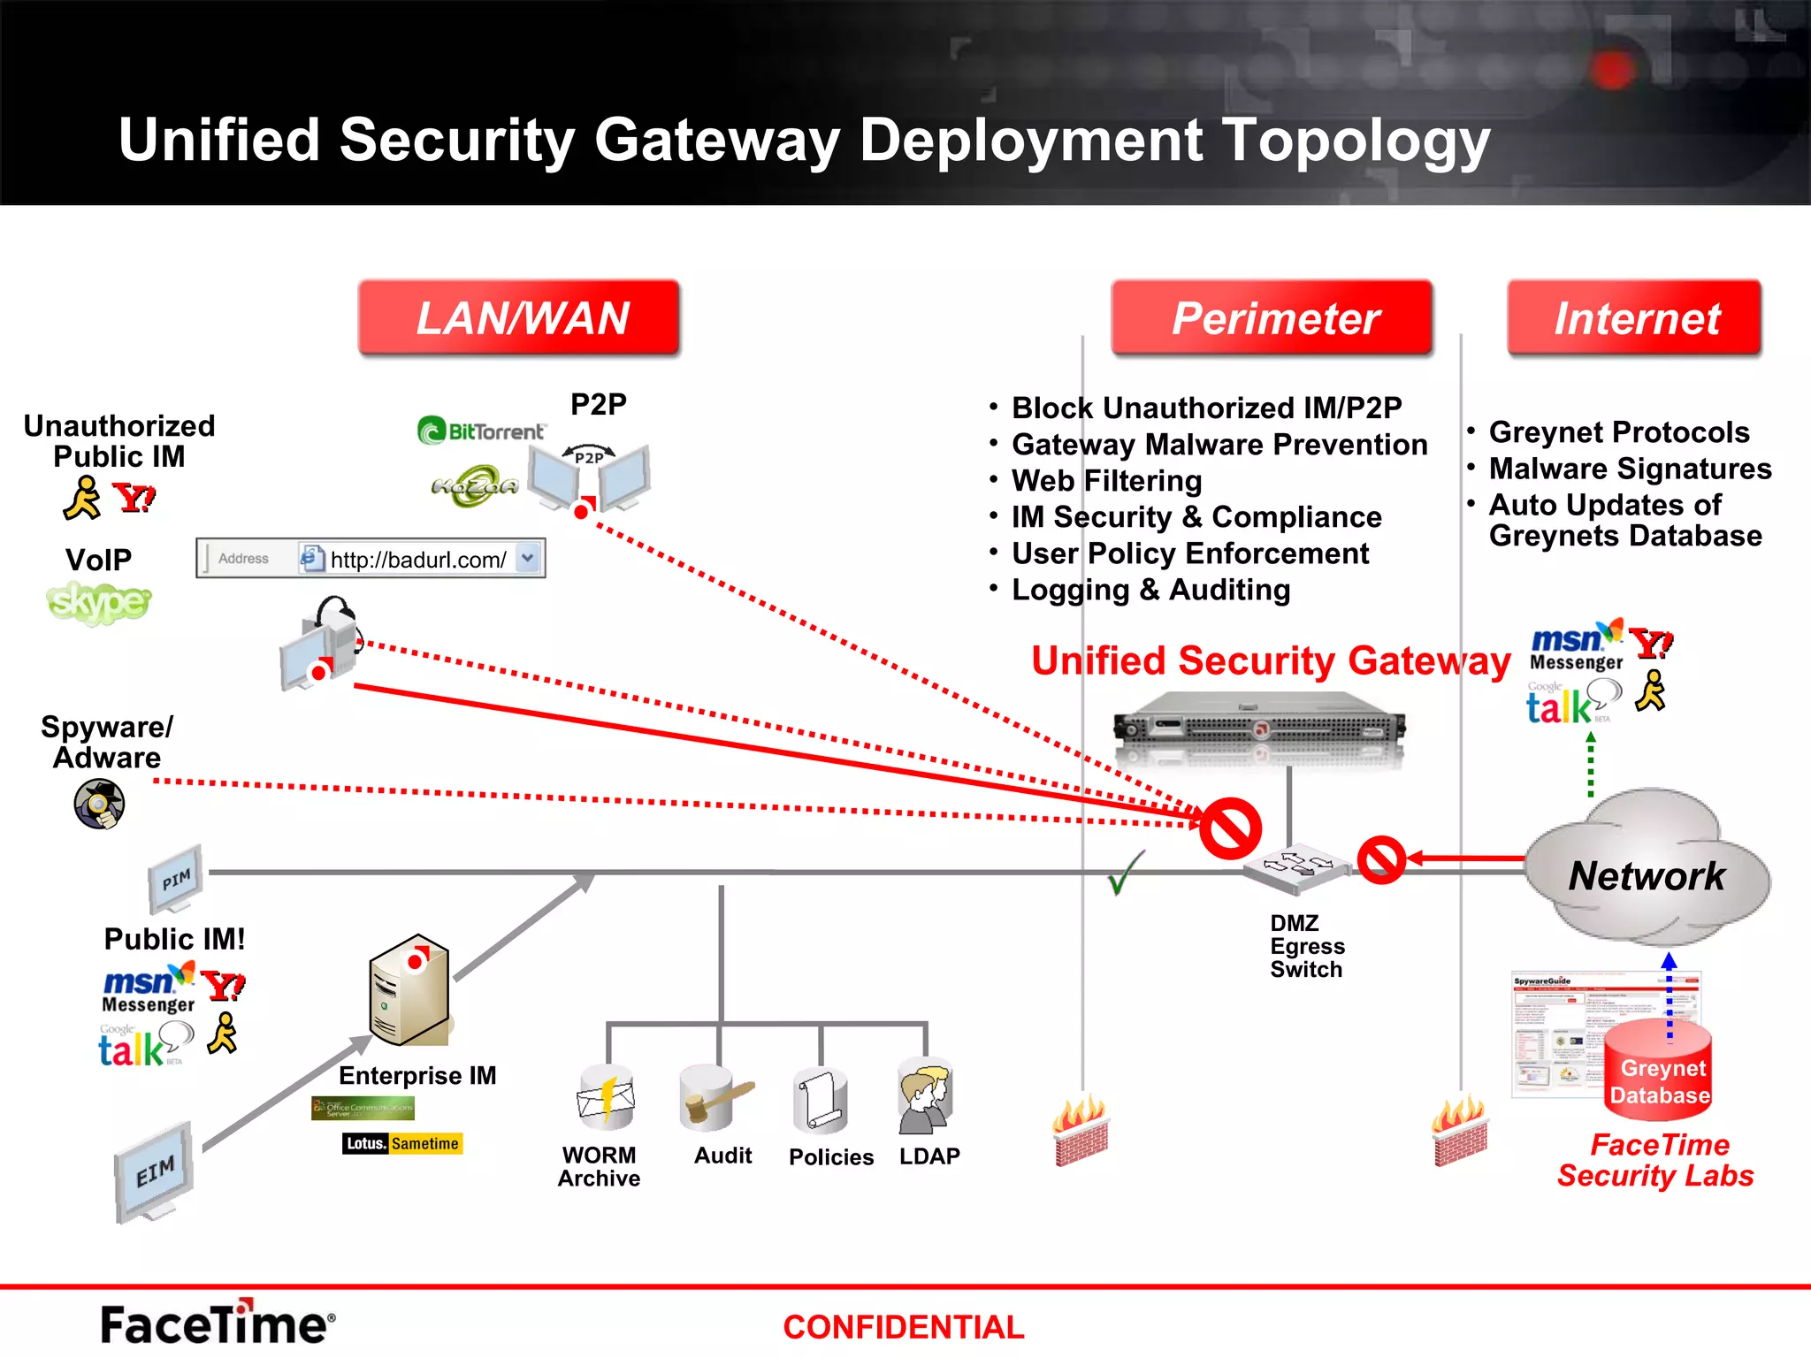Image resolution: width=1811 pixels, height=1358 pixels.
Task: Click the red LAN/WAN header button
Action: point(519,318)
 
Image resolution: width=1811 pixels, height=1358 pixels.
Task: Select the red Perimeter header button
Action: point(1272,318)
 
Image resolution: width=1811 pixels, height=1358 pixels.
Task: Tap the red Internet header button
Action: point(1635,318)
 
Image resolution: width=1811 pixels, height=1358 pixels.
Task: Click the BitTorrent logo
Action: point(481,431)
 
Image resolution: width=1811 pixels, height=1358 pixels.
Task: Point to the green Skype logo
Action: point(98,603)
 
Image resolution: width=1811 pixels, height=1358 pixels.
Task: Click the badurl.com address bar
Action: point(371,559)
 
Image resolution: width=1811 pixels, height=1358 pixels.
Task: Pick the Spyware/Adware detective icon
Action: point(99,804)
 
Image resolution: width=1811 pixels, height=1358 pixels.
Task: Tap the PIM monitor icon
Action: point(176,879)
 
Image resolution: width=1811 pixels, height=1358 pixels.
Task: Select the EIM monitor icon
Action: point(155,1172)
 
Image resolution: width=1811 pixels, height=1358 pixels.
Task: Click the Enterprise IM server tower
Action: point(409,991)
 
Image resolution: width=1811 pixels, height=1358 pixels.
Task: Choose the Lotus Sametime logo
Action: point(402,1143)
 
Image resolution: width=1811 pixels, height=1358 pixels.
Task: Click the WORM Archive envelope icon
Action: point(606,1099)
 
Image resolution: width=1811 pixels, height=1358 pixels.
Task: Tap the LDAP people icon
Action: point(925,1099)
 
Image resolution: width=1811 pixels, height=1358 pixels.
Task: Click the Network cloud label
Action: point(1647,876)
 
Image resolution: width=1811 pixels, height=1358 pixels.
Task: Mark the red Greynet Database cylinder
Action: point(1658,1071)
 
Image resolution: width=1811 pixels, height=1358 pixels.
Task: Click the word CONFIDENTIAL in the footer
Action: point(903,1327)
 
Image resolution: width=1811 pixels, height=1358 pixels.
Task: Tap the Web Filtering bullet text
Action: point(1106,481)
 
